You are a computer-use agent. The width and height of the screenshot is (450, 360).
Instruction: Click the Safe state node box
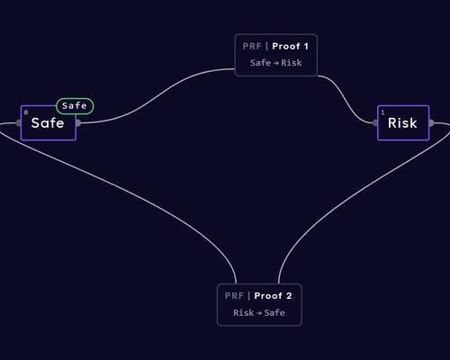[x=49, y=122]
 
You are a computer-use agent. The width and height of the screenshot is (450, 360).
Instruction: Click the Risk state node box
[x=403, y=122]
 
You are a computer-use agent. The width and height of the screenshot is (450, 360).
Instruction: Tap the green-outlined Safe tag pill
[x=75, y=106]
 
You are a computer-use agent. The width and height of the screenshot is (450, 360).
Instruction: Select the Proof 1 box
[x=276, y=55]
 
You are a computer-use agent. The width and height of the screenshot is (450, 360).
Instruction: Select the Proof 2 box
[x=259, y=304]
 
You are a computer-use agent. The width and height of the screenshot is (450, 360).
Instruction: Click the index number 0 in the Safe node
[x=26, y=112]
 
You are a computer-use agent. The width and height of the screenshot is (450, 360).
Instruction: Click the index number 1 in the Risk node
[x=382, y=112]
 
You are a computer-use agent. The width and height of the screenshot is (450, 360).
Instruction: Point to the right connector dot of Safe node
[x=77, y=123]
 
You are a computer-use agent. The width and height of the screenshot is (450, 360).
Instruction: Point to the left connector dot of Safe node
[x=19, y=123]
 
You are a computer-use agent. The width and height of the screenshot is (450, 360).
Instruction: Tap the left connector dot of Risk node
[x=375, y=122]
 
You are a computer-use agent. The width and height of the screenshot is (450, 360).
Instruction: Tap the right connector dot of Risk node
[x=431, y=122]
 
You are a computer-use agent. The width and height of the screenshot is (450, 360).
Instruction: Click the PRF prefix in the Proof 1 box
[x=252, y=46]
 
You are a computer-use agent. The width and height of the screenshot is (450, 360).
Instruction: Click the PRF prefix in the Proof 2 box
[x=234, y=296]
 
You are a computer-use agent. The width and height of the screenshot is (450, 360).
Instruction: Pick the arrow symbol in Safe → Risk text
[x=276, y=63]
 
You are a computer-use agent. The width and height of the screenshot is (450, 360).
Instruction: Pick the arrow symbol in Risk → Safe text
[x=259, y=313]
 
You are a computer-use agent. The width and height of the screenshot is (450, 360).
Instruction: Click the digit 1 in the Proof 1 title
[x=306, y=46]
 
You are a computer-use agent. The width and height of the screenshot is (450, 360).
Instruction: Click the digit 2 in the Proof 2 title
[x=289, y=296]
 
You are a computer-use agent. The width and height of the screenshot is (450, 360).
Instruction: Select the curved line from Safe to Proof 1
[x=156, y=96]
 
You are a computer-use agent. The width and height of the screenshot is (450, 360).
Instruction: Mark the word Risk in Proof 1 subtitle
[x=292, y=63]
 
